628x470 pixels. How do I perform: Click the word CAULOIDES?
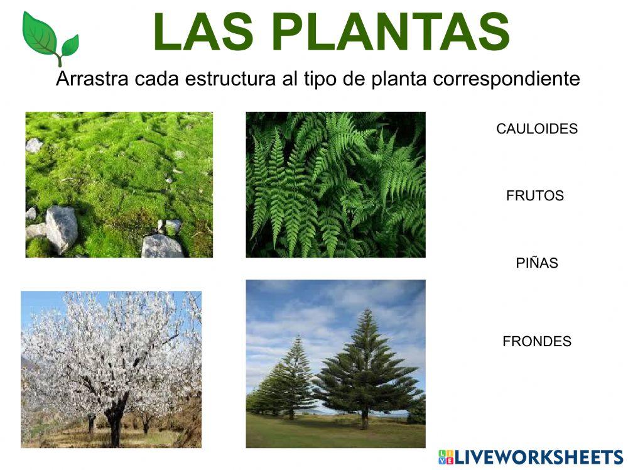pyautogui.click(x=536, y=129)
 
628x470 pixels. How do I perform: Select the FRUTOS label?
pyautogui.click(x=535, y=195)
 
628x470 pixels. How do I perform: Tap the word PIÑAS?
pyautogui.click(x=537, y=263)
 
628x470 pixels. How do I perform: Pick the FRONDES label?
pyautogui.click(x=537, y=341)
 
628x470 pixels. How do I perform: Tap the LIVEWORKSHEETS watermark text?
pyautogui.click(x=539, y=457)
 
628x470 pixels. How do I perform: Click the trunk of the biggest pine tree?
pyautogui.click(x=364, y=418)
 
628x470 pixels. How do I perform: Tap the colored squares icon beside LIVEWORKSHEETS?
pyautogui.click(x=446, y=457)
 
